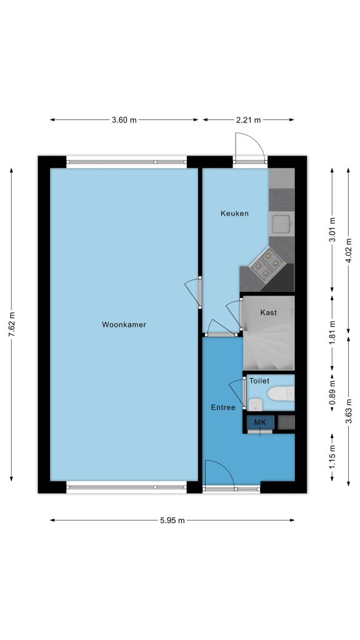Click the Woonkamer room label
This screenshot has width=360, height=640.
pyautogui.click(x=124, y=325)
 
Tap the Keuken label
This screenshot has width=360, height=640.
pyautogui.click(x=234, y=213)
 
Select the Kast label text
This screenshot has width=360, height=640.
pyautogui.click(x=268, y=312)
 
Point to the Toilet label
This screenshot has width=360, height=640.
pyautogui.click(x=259, y=381)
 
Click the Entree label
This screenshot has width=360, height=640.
pyautogui.click(x=223, y=407)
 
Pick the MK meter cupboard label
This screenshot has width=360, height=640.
pyautogui.click(x=260, y=422)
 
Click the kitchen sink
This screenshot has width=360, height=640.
pyautogui.click(x=282, y=223)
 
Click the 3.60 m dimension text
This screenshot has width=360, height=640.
pyautogui.click(x=124, y=120)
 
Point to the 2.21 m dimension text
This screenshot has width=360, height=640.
pyautogui.click(x=248, y=120)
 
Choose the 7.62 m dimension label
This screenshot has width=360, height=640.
pyautogui.click(x=12, y=324)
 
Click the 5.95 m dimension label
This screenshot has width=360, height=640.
pyautogui.click(x=172, y=521)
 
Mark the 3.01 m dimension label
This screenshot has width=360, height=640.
pyautogui.click(x=332, y=229)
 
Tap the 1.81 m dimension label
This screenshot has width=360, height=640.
pyautogui.click(x=332, y=333)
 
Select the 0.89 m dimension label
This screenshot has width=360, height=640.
pyautogui.click(x=332, y=392)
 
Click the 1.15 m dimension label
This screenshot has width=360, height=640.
pyautogui.click(x=332, y=457)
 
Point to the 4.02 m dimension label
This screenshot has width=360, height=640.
pyautogui.click(x=349, y=250)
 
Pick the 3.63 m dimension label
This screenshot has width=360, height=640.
pyautogui.click(x=349, y=411)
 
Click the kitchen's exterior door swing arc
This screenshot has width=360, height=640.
pyautogui.click(x=256, y=139)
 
